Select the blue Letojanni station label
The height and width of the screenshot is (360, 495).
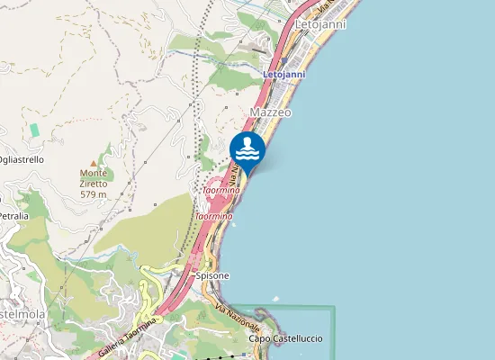click(x=283, y=74)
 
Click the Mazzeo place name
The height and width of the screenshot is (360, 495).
click(x=270, y=112)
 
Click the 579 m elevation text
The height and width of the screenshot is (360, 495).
click(x=94, y=194)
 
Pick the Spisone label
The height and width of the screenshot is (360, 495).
click(x=212, y=275)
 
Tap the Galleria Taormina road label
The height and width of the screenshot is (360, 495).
click(x=127, y=335)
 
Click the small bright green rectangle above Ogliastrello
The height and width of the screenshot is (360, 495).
click(x=34, y=130)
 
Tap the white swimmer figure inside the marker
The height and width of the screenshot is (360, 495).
click(x=247, y=147)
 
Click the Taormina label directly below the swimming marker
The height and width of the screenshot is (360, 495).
click(x=220, y=191)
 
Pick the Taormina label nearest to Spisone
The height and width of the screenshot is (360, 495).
click(x=214, y=216)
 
